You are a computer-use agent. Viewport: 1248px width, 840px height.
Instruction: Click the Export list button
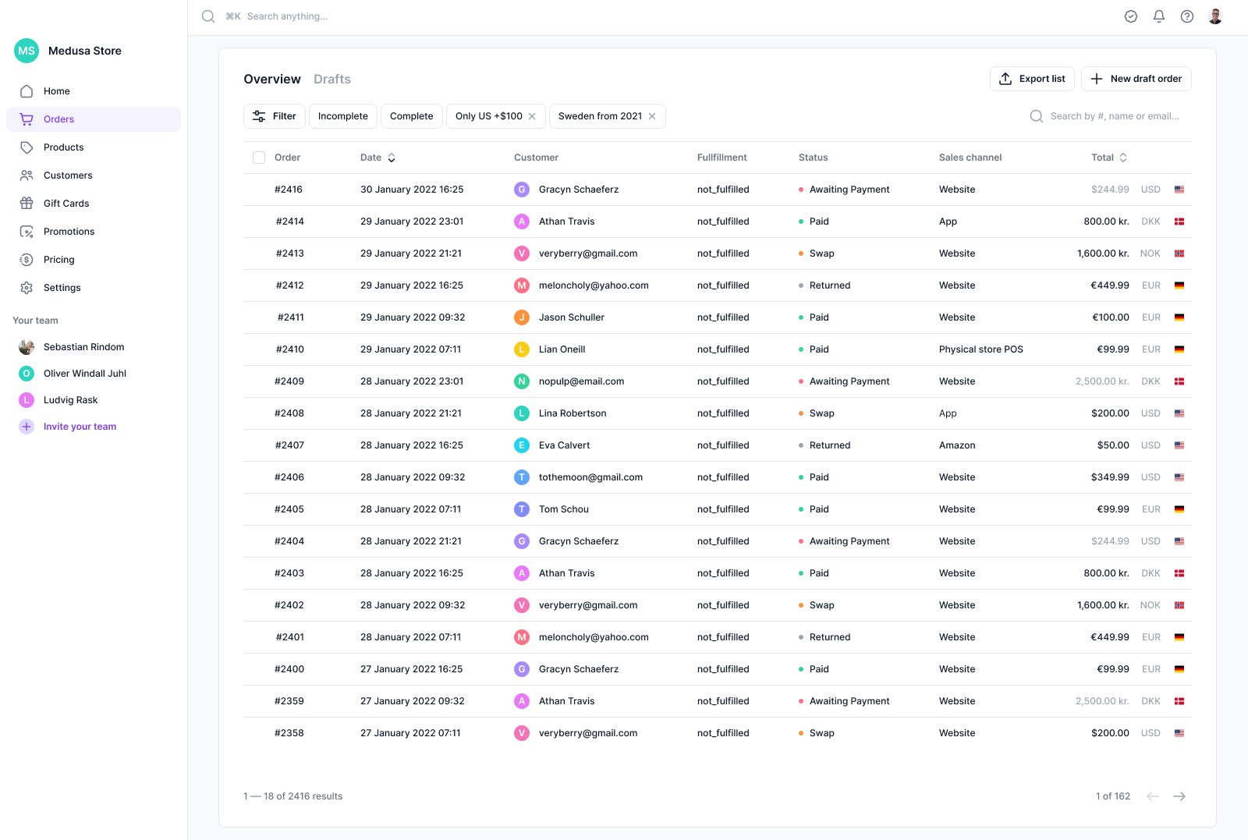pos(1032,79)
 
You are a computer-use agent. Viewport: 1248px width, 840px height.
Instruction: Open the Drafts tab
pos(331,80)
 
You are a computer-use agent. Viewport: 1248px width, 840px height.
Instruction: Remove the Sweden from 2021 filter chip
pos(652,116)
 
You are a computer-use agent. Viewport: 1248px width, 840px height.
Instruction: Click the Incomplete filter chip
pos(342,116)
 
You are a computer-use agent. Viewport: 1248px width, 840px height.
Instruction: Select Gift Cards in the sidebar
pos(66,204)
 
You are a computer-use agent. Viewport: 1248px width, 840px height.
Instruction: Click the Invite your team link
pos(80,427)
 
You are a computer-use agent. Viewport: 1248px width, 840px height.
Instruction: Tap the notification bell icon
pos(1158,16)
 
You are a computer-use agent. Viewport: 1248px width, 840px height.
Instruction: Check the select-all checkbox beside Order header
pos(259,158)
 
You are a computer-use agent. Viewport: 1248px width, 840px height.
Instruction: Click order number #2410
pos(289,349)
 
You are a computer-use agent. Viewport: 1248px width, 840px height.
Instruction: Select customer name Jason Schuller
pos(571,317)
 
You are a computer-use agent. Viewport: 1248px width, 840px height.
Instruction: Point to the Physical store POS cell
pos(980,349)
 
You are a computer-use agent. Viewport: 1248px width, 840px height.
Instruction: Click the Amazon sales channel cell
pos(956,445)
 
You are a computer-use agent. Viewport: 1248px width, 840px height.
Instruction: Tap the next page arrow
pos(1179,796)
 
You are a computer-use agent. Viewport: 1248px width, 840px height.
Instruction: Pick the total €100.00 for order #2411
pos(1110,317)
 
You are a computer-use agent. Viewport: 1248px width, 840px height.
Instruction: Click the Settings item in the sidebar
pos(62,288)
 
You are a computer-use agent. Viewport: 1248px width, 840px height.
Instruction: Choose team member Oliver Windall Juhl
pos(84,374)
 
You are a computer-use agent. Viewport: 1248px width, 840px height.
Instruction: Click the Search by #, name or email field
pos(1114,116)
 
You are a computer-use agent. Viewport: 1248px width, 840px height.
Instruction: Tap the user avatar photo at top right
pos(1214,16)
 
